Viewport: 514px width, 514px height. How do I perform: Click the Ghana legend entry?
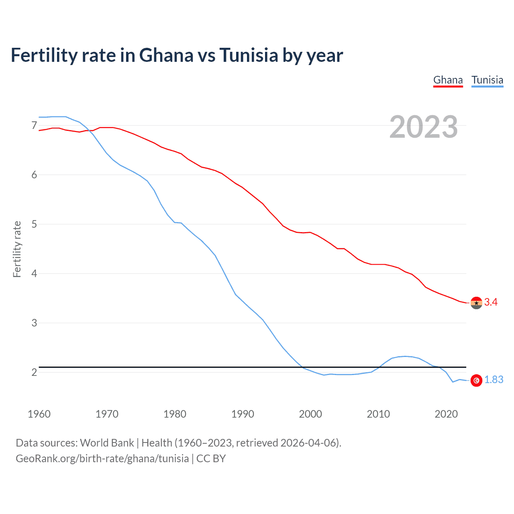coord(448,80)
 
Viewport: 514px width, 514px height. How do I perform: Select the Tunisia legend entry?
coord(487,80)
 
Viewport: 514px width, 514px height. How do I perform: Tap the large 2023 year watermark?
coord(423,127)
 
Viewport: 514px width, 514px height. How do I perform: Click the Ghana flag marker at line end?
coord(476,303)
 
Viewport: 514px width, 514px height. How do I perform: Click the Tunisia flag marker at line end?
coord(476,380)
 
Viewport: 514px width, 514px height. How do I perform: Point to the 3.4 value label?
coord(491,302)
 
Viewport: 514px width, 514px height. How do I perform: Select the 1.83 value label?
coord(494,380)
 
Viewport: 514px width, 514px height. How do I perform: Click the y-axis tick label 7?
coord(34,126)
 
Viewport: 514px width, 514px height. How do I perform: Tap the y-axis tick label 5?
coord(34,224)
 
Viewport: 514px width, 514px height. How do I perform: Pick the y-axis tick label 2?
coord(34,372)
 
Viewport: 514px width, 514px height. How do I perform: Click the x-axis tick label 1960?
coord(39,414)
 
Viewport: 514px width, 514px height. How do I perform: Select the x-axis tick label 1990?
coord(243,414)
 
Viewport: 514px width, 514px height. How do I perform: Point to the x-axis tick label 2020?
coord(446,414)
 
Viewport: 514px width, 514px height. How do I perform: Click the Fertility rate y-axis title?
coord(17,249)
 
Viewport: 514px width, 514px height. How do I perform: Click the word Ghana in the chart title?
coord(166,55)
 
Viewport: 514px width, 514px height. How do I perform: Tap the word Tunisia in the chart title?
coord(249,55)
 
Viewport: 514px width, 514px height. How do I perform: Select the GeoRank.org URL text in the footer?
coord(102,459)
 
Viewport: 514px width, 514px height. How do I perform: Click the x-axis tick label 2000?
coord(310,414)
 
